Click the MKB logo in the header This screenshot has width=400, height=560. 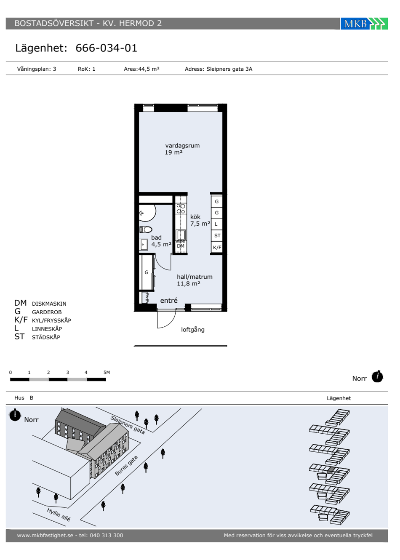click(364, 24)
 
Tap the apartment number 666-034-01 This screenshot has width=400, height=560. click(106, 48)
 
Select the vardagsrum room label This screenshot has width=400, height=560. click(182, 146)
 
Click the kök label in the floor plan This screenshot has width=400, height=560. click(195, 217)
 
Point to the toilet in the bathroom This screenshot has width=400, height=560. click(146, 229)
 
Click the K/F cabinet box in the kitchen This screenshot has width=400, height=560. click(217, 248)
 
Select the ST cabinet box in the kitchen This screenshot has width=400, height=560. click(217, 235)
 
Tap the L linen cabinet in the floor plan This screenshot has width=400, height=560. click(217, 224)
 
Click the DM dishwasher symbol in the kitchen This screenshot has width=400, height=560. click(181, 246)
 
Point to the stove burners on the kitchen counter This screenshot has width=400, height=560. click(181, 209)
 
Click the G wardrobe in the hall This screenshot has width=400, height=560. click(147, 272)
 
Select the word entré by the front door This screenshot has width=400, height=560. click(169, 300)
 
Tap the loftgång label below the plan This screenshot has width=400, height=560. click(193, 330)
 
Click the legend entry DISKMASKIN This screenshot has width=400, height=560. click(49, 304)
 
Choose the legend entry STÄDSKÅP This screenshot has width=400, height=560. click(46, 337)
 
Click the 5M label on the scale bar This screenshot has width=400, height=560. click(107, 372)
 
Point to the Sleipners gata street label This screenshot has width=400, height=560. click(128, 425)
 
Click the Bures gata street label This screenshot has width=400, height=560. click(126, 466)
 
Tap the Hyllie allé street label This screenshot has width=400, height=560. click(59, 515)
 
